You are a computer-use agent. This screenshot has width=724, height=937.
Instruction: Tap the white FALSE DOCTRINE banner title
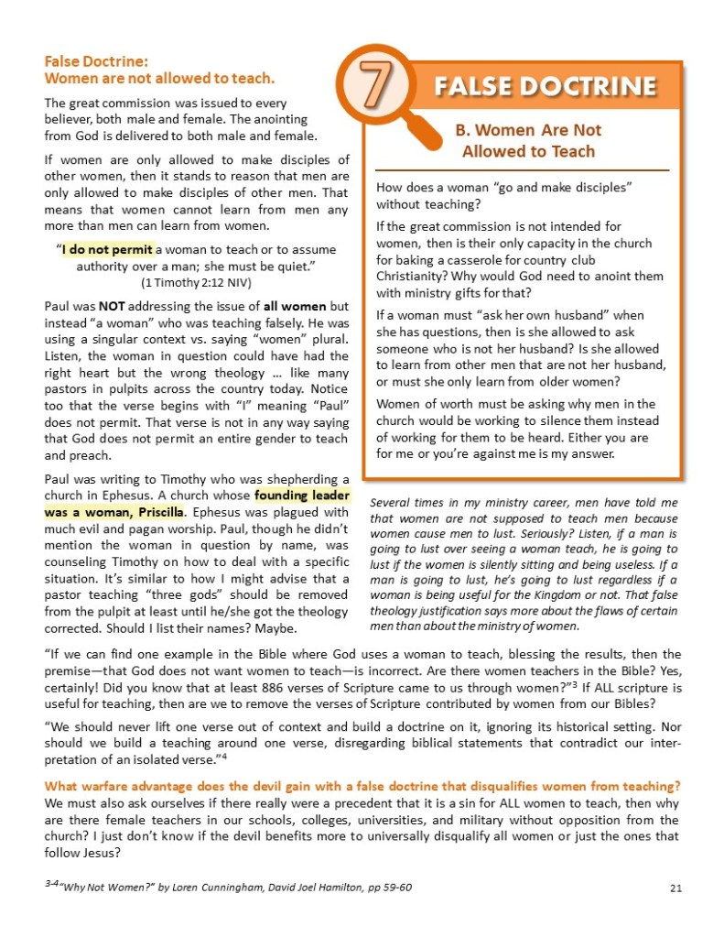[546, 86]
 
